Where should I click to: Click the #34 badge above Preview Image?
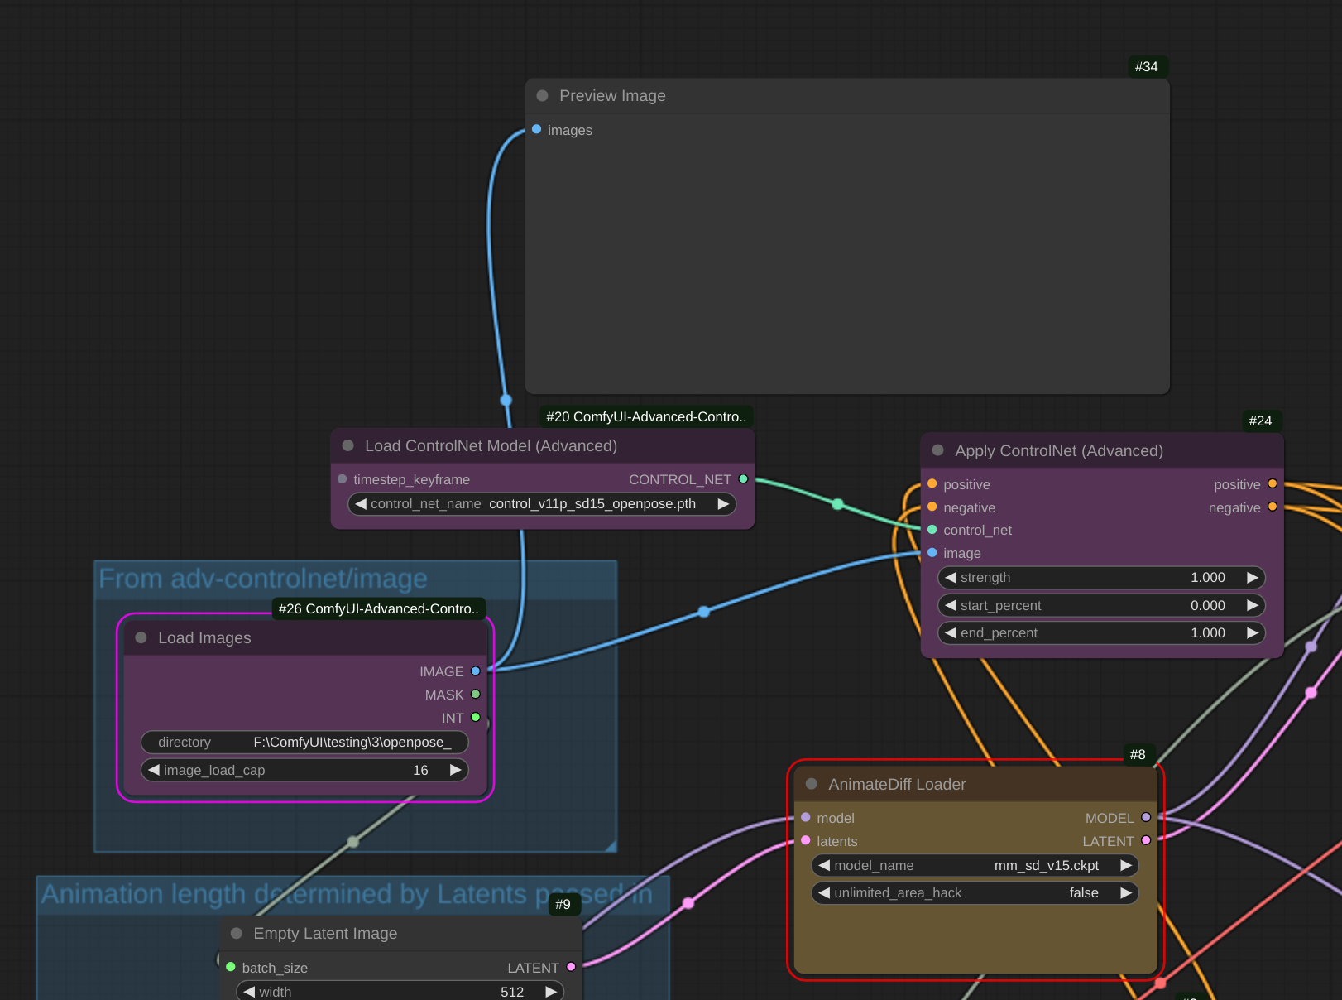pyautogui.click(x=1146, y=66)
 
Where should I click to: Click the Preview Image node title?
pyautogui.click(x=611, y=95)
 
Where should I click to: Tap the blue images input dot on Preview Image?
pyautogui.click(x=537, y=129)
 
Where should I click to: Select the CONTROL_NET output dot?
pyautogui.click(x=743, y=478)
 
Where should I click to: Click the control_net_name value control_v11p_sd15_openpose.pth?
pyautogui.click(x=592, y=503)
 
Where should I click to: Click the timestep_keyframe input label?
pyautogui.click(x=411, y=479)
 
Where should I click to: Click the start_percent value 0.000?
pyautogui.click(x=1207, y=605)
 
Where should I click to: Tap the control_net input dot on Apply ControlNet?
pyautogui.click(x=932, y=530)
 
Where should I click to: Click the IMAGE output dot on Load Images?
pyautogui.click(x=476, y=671)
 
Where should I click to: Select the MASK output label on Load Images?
pyautogui.click(x=443, y=695)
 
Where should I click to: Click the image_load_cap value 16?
pyautogui.click(x=420, y=770)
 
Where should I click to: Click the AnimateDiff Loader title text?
pyautogui.click(x=897, y=784)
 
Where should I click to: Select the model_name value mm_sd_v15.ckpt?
pyautogui.click(x=1046, y=865)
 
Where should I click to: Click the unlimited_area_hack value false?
pyautogui.click(x=1083, y=892)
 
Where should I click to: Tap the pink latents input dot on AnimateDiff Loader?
pyautogui.click(x=806, y=840)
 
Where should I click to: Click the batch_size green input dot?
pyautogui.click(x=231, y=967)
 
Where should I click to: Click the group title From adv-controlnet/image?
pyautogui.click(x=263, y=579)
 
